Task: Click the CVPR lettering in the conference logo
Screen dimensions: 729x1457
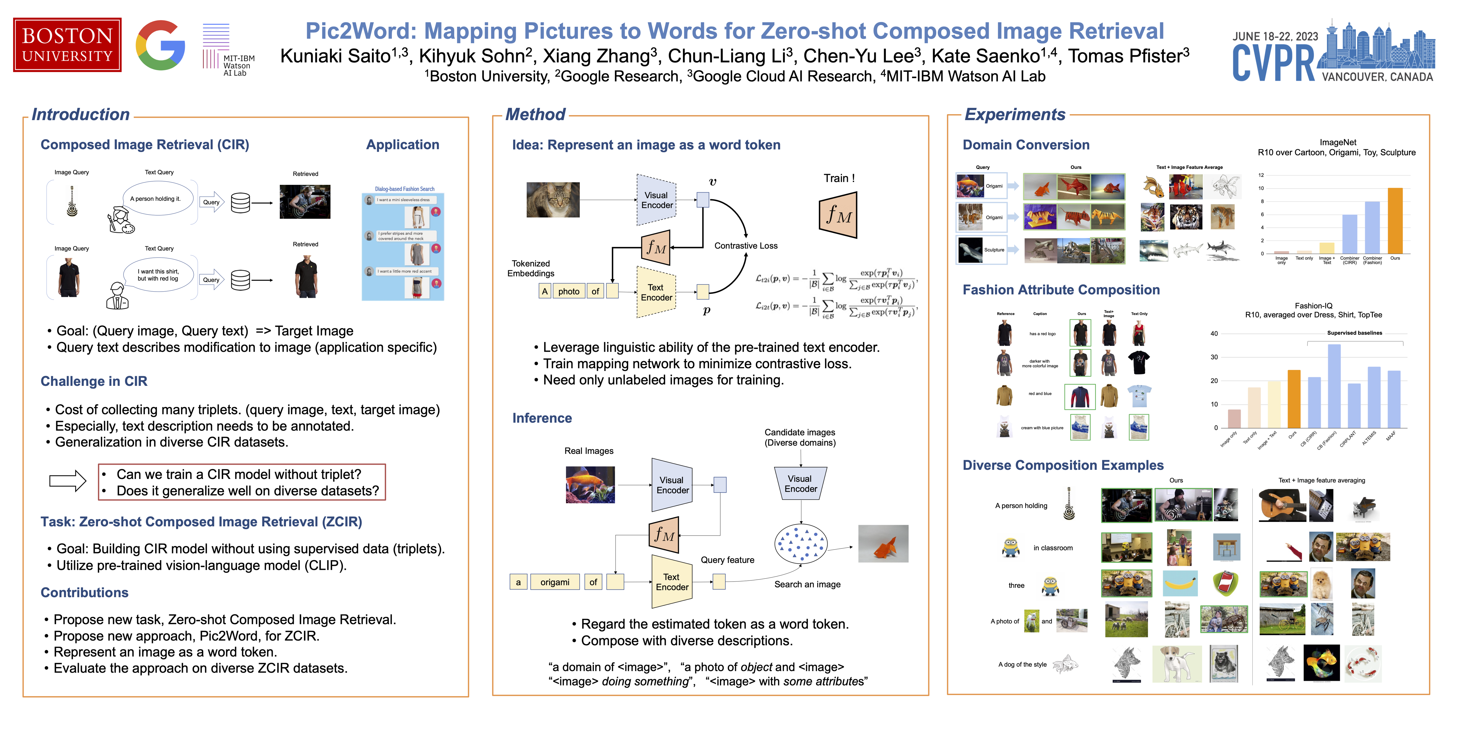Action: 1274,64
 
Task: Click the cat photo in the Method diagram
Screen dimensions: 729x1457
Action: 553,200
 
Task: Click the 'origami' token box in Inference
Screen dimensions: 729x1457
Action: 554,582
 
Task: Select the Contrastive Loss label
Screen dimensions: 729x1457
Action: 746,246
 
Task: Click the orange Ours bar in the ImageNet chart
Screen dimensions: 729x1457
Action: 1395,221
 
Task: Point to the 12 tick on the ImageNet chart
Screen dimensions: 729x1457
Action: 1261,175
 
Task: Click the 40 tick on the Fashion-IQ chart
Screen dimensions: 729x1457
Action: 1214,334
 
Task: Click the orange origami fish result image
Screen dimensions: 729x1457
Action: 883,544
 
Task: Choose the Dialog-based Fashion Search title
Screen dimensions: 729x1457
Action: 404,189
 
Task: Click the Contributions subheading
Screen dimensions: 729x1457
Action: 84,593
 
